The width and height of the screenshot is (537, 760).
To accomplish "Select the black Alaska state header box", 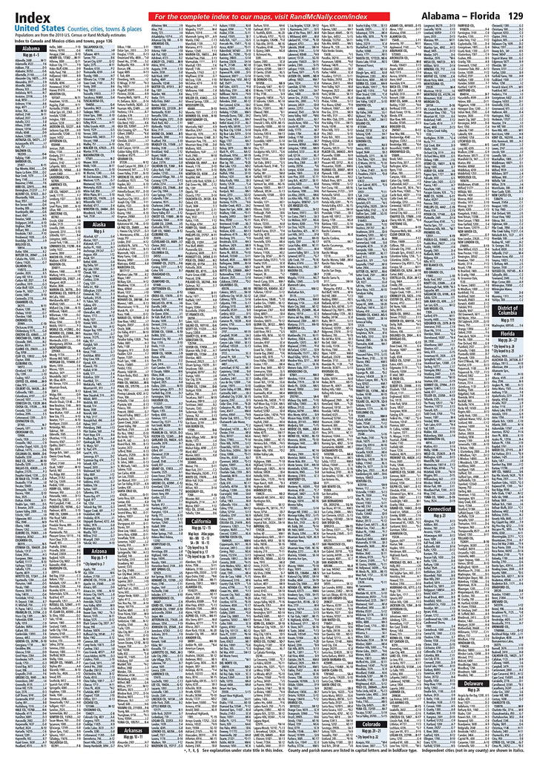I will point(99,223).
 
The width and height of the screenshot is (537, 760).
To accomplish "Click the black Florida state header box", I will point(508,335).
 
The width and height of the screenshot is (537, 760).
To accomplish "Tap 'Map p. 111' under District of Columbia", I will point(508,319).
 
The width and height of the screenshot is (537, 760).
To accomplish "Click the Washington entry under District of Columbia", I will point(508,325).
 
